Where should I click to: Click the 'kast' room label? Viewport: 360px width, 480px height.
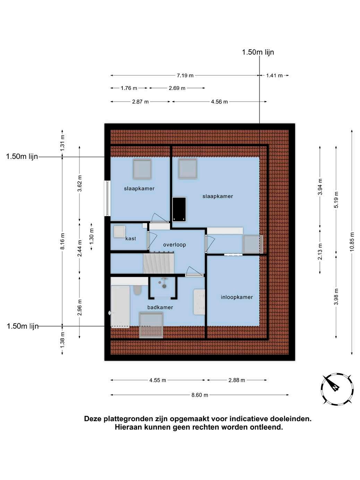click(x=130, y=239)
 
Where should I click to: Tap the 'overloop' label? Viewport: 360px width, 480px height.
click(x=174, y=245)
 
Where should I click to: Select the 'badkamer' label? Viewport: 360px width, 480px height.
click(x=160, y=307)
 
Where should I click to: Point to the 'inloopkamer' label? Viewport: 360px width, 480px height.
click(x=237, y=297)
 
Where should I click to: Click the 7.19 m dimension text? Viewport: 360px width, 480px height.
click(x=185, y=76)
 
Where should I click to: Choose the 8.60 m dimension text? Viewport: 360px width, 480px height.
click(x=199, y=401)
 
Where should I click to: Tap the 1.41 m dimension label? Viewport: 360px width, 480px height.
click(x=274, y=76)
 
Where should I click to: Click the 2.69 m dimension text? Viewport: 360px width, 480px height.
click(x=177, y=88)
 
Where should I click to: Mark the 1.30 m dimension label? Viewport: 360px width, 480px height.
click(x=92, y=237)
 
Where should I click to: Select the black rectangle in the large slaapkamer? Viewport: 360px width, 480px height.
click(x=179, y=209)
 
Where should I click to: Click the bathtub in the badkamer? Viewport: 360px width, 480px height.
click(x=120, y=307)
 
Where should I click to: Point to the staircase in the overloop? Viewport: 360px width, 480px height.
click(x=159, y=263)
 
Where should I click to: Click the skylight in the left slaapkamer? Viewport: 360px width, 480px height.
click(x=142, y=169)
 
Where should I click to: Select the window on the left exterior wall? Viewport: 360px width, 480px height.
click(x=107, y=198)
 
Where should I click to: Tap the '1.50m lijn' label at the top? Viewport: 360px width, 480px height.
click(x=258, y=52)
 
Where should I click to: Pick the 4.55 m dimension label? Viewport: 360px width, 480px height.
click(x=157, y=386)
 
